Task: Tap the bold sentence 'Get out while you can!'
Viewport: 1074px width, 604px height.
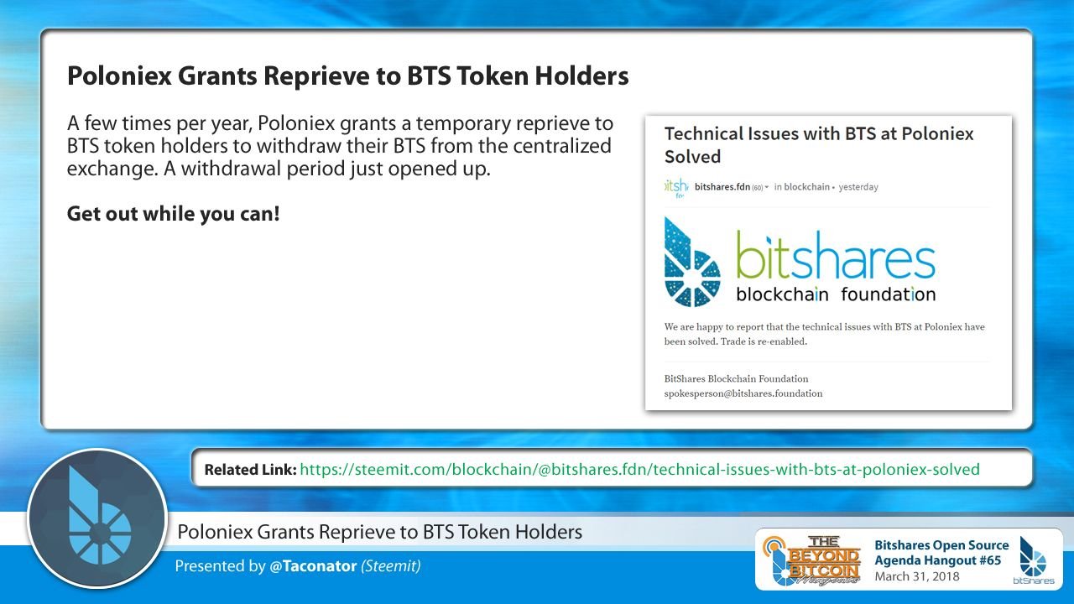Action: [173, 214]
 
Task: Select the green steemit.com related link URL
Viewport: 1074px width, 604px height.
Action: [639, 469]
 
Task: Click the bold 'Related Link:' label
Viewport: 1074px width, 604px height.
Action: [250, 470]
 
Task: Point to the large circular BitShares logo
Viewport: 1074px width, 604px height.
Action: [97, 518]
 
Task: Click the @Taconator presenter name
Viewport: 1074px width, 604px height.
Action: [313, 566]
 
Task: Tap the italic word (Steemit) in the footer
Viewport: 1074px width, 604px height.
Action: [391, 566]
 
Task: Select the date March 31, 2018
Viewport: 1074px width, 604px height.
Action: [917, 576]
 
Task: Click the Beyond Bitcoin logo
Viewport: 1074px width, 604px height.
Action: [812, 560]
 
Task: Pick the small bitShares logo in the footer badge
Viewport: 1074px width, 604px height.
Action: [1033, 560]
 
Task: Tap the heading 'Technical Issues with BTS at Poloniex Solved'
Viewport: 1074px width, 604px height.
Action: [819, 145]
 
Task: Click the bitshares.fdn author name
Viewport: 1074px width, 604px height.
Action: [722, 187]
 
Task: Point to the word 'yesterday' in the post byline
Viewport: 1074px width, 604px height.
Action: [858, 187]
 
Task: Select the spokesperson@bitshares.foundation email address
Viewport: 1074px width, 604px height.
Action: [743, 393]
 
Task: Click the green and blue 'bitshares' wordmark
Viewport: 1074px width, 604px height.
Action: [836, 255]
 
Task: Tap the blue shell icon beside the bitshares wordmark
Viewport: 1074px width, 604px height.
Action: [692, 262]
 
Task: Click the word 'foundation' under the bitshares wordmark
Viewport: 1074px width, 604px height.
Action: [889, 294]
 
